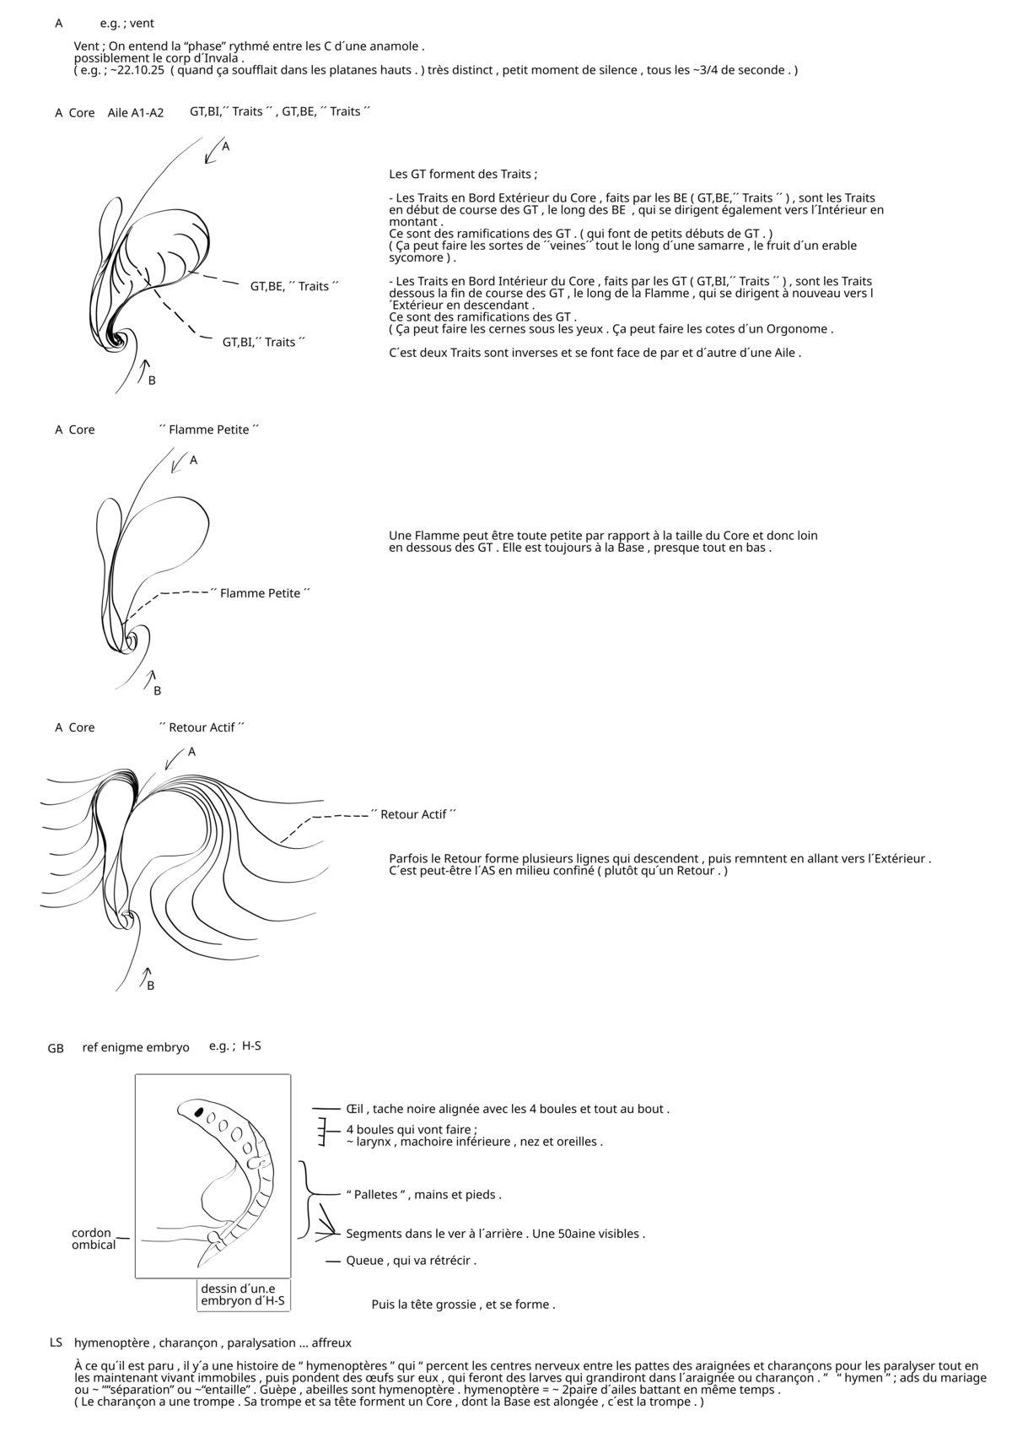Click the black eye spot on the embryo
[199, 1112]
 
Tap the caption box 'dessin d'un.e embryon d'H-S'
[243, 1294]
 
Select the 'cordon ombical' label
[93, 1239]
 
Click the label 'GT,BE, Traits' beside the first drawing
[293, 286]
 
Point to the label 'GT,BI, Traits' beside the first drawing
[263, 342]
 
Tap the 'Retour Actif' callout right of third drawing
[414, 814]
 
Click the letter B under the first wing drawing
[152, 381]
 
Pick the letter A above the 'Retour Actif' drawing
[191, 751]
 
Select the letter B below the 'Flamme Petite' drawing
[157, 690]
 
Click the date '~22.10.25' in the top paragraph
[137, 70]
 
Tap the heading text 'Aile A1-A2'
[136, 112]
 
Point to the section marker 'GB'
[56, 1048]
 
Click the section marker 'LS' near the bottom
[56, 1343]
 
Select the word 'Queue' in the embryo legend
[364, 1260]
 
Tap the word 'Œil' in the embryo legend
[354, 1109]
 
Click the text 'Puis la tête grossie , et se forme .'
[463, 1304]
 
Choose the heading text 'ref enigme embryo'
[136, 1047]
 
